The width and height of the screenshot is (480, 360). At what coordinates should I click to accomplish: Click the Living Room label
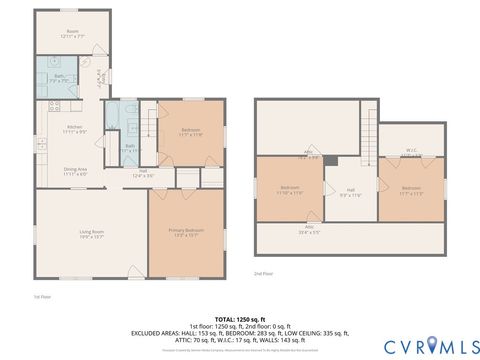point(93,233)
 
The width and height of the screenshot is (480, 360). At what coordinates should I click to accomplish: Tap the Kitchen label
point(73,129)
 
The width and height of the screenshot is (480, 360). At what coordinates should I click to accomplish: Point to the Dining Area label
point(75,171)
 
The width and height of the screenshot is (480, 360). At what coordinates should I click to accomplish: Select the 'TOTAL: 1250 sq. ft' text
point(240,319)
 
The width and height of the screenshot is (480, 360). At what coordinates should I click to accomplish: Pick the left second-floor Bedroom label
point(290,190)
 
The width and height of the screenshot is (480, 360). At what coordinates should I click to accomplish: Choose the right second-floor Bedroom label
point(411,190)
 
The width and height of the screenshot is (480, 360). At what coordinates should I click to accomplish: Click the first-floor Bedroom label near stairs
point(192,132)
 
